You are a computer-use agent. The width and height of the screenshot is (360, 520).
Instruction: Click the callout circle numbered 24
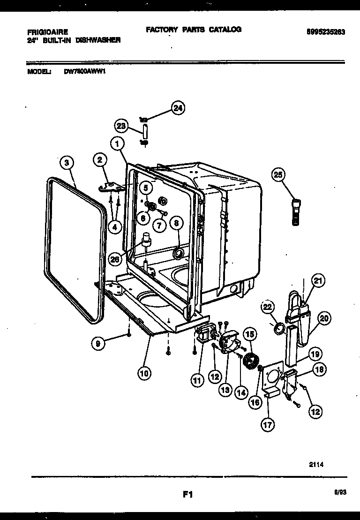178,108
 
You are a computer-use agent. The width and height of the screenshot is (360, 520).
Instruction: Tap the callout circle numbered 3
68,164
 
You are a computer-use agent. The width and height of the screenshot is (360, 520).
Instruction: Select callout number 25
278,175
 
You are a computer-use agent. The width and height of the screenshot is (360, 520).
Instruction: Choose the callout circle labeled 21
318,281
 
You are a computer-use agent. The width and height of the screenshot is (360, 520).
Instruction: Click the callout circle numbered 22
268,308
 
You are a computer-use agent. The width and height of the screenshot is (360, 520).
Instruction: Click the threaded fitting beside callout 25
296,212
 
